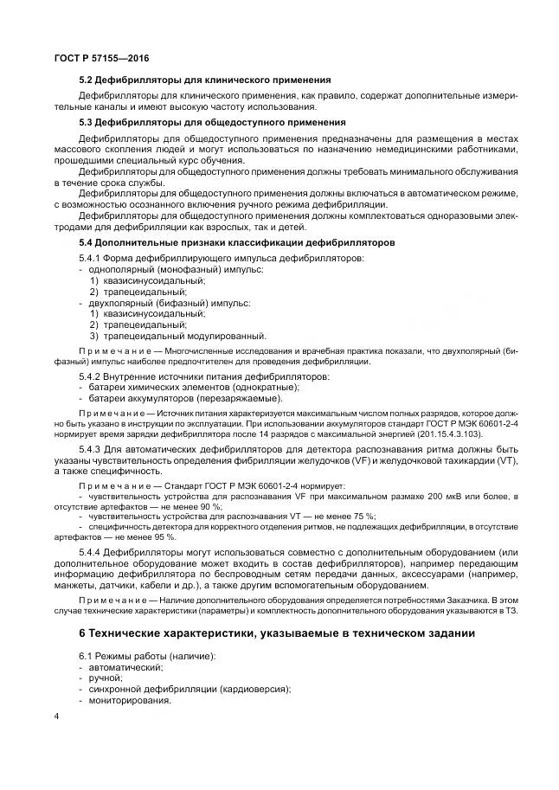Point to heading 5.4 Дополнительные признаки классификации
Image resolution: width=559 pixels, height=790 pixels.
point(236,243)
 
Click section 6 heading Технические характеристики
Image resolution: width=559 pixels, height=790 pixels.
point(277,633)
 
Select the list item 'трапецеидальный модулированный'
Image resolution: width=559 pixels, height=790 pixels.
point(184,336)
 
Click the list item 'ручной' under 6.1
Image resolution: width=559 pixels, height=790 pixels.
point(106,678)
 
